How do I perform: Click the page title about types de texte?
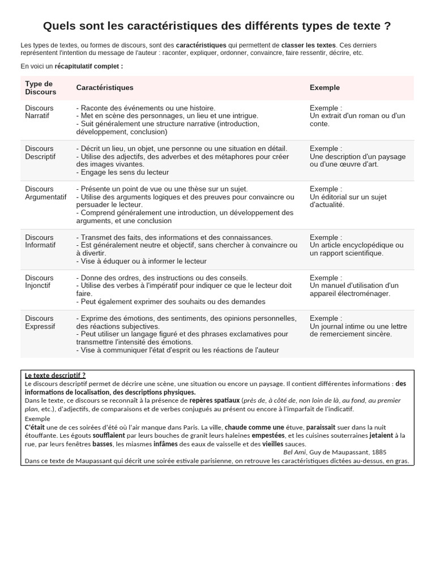(217, 26)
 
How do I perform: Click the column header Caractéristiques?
(105, 88)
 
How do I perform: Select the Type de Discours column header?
(41, 88)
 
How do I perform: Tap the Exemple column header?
(325, 88)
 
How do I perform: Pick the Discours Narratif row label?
(39, 112)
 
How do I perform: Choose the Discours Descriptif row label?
(40, 152)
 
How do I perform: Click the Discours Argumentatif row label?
(45, 193)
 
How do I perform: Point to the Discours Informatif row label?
(40, 241)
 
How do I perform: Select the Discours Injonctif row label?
(39, 282)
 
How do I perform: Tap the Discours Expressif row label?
(40, 322)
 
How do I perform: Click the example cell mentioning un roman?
(357, 116)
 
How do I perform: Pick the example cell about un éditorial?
(348, 197)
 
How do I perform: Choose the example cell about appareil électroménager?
(354, 286)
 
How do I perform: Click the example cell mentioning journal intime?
(358, 326)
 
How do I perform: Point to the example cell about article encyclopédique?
(356, 245)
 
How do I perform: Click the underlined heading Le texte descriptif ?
(55, 375)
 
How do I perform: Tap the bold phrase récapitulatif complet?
(89, 66)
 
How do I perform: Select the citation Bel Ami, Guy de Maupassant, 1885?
(335, 452)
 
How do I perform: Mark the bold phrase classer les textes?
(309, 45)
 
